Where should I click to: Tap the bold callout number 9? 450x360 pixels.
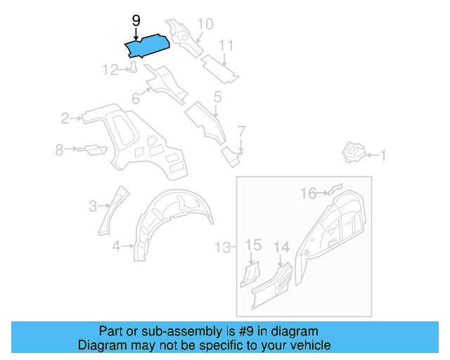click(x=136, y=21)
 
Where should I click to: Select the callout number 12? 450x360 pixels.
click(x=110, y=70)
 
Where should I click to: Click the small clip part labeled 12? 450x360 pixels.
click(x=131, y=67)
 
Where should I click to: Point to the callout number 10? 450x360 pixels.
click(x=204, y=25)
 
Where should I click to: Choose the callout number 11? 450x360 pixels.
click(x=225, y=46)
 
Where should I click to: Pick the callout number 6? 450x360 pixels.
click(x=136, y=99)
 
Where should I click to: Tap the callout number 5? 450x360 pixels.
click(x=217, y=96)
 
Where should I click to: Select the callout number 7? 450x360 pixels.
click(x=241, y=131)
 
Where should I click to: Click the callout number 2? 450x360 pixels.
click(x=65, y=118)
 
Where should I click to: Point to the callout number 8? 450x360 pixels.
click(x=60, y=149)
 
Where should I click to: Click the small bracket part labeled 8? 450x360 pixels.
click(x=92, y=149)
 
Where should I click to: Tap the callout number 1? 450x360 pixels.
click(x=383, y=155)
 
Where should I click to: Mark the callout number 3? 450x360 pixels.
click(x=92, y=205)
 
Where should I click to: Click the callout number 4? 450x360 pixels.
click(x=116, y=245)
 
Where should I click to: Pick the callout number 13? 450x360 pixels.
click(x=222, y=247)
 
